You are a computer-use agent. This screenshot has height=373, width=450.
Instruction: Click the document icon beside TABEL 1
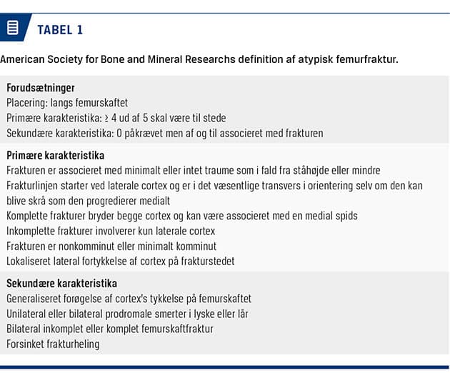point(12,29)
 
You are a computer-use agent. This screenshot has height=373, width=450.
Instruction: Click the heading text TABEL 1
point(61,29)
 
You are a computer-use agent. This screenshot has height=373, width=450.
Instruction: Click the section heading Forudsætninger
point(41,88)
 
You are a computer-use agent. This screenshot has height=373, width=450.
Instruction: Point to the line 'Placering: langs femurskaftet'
point(67,103)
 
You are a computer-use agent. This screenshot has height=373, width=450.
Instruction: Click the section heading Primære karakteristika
point(56,155)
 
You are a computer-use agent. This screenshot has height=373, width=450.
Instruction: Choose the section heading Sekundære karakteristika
point(61,283)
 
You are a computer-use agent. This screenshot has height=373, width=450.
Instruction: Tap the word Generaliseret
point(37,298)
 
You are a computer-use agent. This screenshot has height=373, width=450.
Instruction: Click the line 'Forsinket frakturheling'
point(53,343)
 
